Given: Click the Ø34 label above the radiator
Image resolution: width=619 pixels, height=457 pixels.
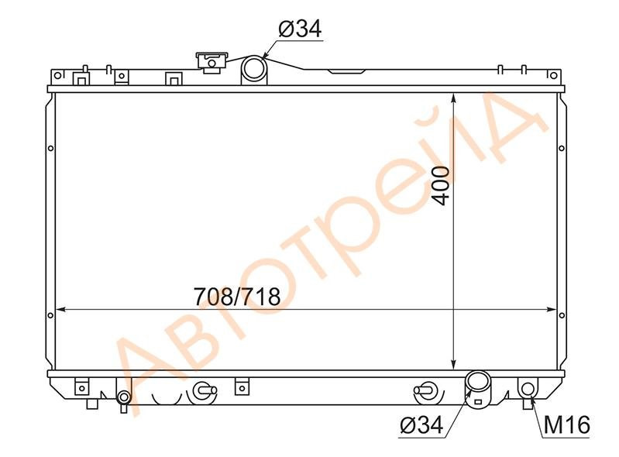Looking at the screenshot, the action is coord(301,29).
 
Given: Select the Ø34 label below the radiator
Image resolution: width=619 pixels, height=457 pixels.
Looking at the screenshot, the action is coord(421,425).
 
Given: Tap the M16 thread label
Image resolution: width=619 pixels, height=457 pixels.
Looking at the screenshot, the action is coord(567,425).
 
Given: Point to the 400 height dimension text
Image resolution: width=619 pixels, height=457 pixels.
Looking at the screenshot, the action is coord(441,186).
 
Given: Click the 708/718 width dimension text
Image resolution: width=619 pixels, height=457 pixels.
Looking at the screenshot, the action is coord(237,297).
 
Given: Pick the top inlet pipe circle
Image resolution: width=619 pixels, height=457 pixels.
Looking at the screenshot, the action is coord(254,69).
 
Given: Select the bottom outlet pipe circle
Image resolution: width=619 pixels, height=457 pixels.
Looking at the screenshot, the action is coord(478,383).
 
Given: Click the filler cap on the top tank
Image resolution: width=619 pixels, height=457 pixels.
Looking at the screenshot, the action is coord(211,63).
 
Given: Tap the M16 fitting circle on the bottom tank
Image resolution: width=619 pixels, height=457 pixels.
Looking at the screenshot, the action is coord(528,389).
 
